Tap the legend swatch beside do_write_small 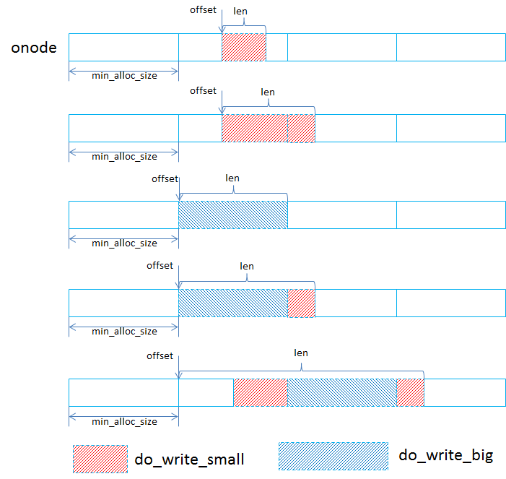(x=100, y=459)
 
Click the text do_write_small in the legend (x=189, y=459)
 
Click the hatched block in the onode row (x=244, y=47)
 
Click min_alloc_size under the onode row (x=124, y=74)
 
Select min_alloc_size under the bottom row (x=124, y=421)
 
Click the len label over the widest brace (x=301, y=353)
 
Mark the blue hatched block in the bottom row (x=342, y=392)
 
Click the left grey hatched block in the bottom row (x=260, y=392)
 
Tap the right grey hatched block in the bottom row (x=410, y=392)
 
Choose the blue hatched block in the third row (x=232, y=215)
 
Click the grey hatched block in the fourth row (x=301, y=303)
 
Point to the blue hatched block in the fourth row (x=232, y=303)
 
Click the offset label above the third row (x=165, y=178)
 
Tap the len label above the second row (x=268, y=92)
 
